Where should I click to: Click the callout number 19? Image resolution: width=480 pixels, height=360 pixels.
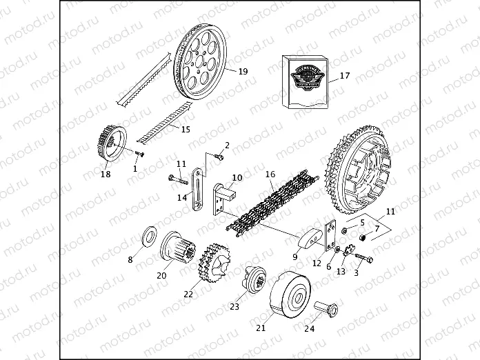[x=242, y=72]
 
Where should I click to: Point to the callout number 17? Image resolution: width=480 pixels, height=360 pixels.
[x=345, y=76]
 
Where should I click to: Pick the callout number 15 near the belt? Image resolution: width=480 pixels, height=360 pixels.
[x=186, y=129]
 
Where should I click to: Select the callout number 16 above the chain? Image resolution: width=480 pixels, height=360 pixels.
[x=270, y=174]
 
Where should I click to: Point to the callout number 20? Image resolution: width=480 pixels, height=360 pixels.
[x=161, y=276]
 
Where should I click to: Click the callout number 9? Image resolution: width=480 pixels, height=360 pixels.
[x=294, y=257]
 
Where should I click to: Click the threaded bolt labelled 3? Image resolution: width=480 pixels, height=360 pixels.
[x=364, y=261]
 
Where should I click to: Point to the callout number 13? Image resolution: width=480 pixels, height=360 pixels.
[x=340, y=272]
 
